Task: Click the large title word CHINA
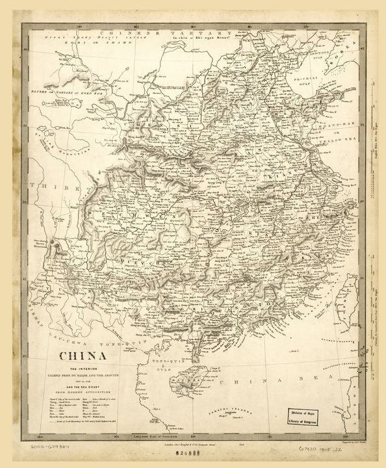click(x=84, y=357)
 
